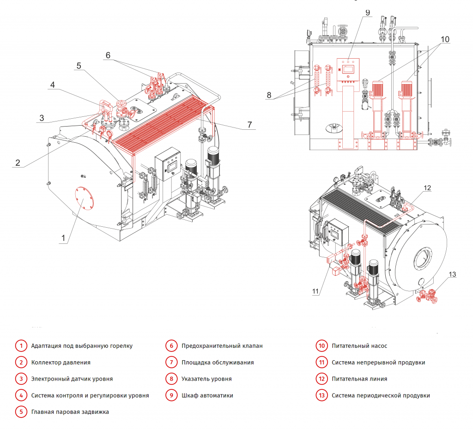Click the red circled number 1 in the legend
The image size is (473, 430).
coord(21,346)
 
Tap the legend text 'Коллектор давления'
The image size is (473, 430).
coord(61,363)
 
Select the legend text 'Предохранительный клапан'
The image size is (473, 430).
coord(222,346)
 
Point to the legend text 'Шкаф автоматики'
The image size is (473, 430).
coord(207,396)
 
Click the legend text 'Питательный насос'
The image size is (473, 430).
coord(359,346)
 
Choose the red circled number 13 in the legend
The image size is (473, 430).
coord(321,396)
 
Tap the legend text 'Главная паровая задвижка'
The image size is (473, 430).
coord(70,412)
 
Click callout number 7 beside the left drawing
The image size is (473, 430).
coord(249,124)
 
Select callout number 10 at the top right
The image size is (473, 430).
coord(444,39)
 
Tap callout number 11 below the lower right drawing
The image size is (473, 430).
coord(316,291)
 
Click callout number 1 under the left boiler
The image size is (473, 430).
coord(64,238)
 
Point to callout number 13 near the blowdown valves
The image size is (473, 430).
coord(452,274)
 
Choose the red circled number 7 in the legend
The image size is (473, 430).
coord(171,363)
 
